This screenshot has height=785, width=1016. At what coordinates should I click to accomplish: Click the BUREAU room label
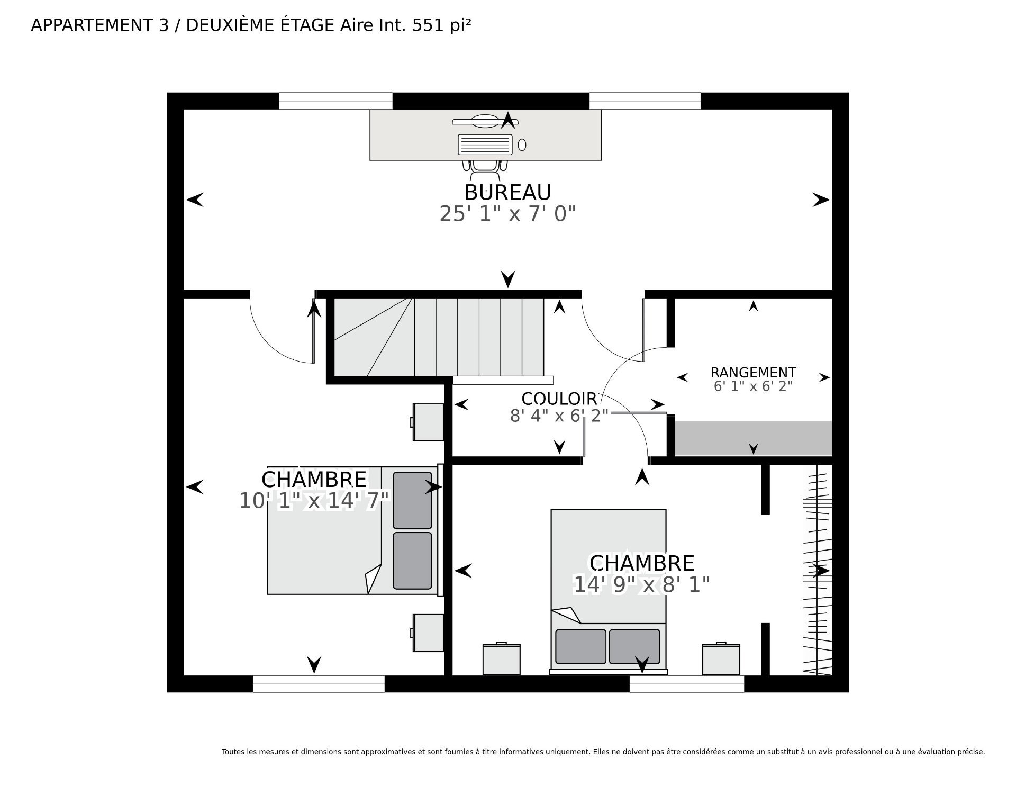tap(508, 192)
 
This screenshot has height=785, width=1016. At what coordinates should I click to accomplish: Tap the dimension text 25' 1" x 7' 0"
tap(507, 214)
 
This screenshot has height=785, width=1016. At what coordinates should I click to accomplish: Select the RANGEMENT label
tap(753, 373)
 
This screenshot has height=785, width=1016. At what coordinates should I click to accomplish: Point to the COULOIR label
tap(559, 399)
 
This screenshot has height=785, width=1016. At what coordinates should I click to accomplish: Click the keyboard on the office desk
tap(485, 144)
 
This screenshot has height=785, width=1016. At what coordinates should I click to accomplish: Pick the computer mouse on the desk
tap(522, 145)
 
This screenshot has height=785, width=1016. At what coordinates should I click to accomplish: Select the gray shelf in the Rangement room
tap(753, 438)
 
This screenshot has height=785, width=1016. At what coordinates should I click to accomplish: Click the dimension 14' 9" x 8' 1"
tap(642, 585)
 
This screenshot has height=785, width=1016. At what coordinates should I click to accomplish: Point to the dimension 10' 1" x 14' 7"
tap(314, 501)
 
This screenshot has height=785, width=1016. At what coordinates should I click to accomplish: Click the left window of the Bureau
tap(335, 101)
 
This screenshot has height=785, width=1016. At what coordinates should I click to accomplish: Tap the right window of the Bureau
tap(645, 101)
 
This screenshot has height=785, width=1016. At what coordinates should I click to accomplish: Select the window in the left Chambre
tap(319, 684)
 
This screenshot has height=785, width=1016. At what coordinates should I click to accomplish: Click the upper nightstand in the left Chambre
tap(428, 422)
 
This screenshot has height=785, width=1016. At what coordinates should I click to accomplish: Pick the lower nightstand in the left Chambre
tap(428, 633)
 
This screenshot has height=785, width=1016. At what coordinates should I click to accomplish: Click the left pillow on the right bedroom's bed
tap(580, 646)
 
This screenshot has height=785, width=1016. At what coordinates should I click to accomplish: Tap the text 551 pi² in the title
tap(438, 25)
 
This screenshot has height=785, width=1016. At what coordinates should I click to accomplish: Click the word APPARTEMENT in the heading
tap(92, 25)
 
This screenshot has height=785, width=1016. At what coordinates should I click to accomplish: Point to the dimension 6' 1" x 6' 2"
tap(753, 386)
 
